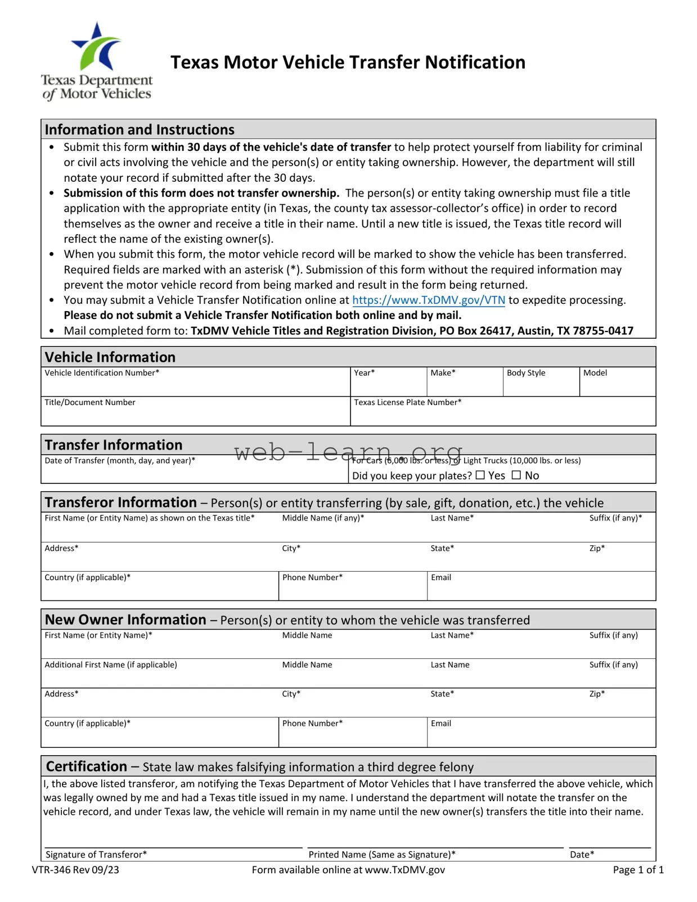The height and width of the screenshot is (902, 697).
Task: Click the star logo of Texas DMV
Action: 97,47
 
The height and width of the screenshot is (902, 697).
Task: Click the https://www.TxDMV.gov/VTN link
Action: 428,300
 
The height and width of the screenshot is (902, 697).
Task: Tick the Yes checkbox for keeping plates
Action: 480,475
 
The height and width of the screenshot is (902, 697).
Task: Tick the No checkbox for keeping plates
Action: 516,475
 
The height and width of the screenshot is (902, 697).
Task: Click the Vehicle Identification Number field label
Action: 102,373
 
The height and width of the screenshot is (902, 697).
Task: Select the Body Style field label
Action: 525,373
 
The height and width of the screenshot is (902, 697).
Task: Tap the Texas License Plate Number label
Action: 407,402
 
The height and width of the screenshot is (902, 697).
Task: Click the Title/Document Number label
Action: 90,402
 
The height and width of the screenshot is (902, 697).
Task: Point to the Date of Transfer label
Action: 120,460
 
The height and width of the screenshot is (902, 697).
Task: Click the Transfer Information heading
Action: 114,445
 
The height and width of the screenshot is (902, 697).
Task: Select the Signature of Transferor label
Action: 96,854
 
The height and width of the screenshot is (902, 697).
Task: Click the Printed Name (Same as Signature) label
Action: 382,854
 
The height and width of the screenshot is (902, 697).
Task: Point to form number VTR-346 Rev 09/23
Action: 75,870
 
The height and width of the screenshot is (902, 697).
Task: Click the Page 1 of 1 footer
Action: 638,870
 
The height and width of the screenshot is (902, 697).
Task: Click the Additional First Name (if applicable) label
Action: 111,665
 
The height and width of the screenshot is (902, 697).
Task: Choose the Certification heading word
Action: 87,766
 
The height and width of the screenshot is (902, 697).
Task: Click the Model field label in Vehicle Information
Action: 595,373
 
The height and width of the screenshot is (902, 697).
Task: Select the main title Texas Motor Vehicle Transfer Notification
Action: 348,62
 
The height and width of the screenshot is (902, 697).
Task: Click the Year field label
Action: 364,373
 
